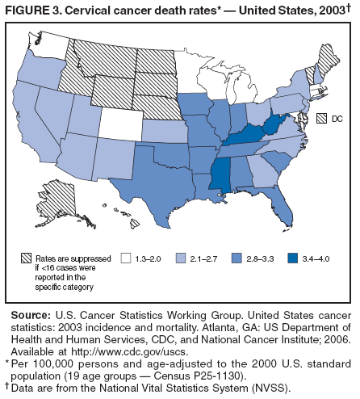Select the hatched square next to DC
[x=320, y=117]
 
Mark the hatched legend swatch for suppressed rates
[x=27, y=258]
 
